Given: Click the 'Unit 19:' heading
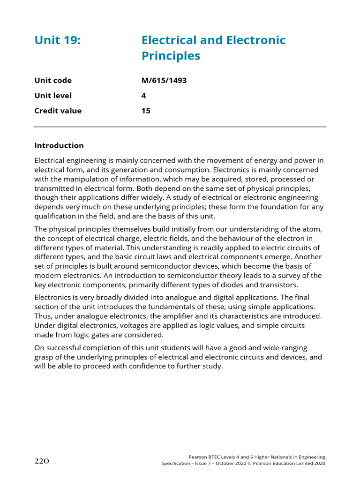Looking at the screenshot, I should point(58,40).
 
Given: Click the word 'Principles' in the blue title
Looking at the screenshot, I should point(171,56).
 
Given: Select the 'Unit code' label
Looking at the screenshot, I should point(53,80).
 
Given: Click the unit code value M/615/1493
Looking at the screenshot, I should point(164,80).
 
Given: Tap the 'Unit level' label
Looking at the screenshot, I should point(53,96).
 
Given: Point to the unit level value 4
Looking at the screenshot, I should point(143,96).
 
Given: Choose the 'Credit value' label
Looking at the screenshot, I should point(58,111).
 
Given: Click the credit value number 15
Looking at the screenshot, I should point(146,111).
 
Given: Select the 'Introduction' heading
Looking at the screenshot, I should point(59,145).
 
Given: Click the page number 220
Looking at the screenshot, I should point(42,461).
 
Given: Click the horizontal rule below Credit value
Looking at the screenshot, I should point(180,127).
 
